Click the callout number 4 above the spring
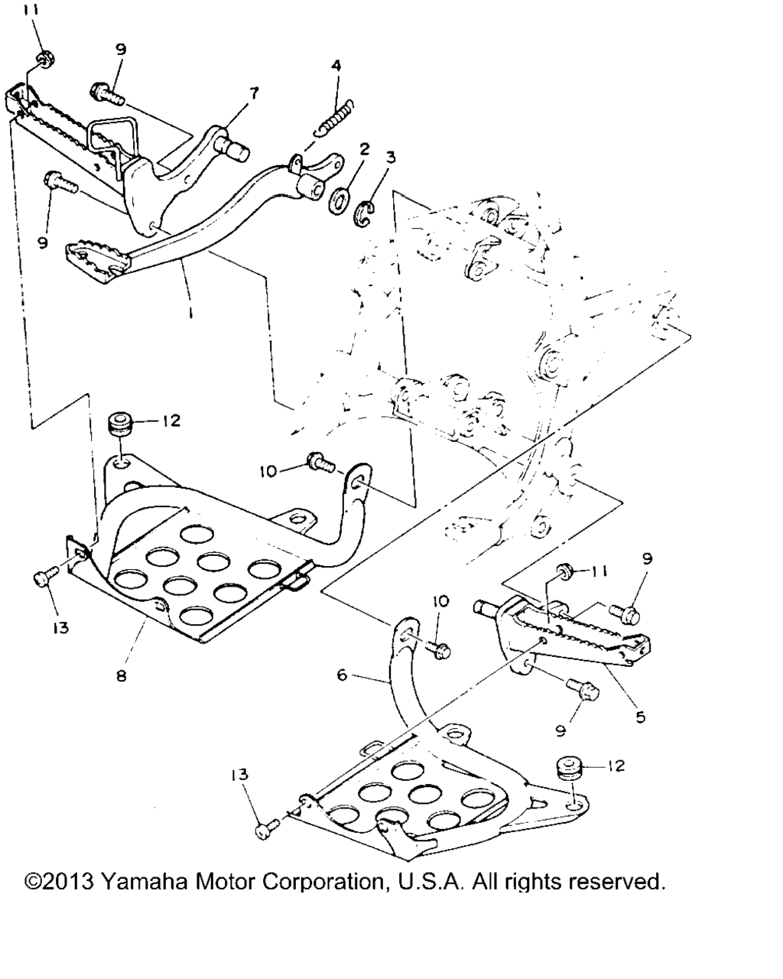point(336,66)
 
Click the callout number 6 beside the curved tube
point(343,675)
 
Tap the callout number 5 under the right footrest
point(641,717)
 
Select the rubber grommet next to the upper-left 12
point(120,423)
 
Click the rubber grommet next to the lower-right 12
point(567,766)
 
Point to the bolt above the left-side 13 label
point(44,577)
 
